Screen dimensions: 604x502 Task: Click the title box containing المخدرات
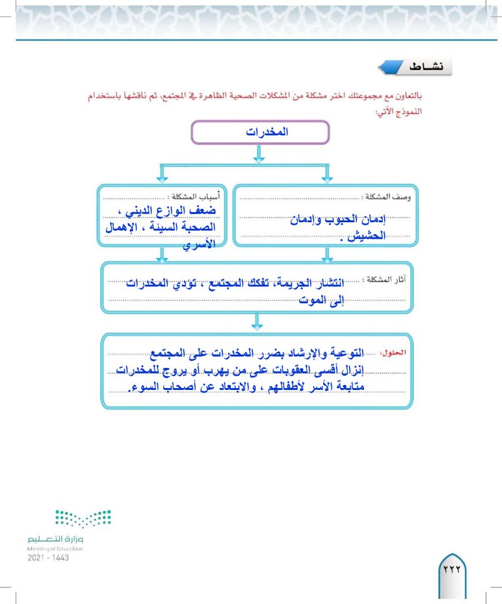click(260, 133)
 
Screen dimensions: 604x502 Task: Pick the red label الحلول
click(394, 353)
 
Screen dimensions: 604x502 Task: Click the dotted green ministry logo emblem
click(83, 519)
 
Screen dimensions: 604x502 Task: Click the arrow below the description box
click(326, 254)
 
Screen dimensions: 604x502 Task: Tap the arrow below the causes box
click(162, 254)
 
